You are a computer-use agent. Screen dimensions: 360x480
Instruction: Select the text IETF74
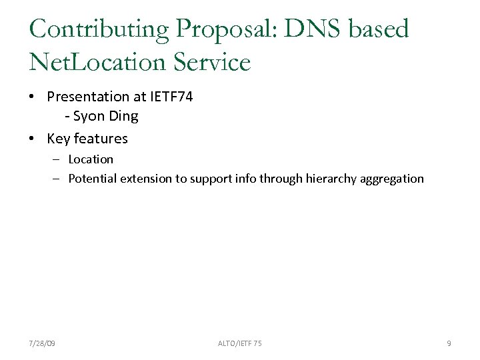point(171,97)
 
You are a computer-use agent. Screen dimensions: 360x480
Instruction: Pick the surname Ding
point(125,117)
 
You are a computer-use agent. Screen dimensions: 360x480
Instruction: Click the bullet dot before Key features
point(32,139)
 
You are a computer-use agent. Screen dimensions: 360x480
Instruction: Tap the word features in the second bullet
point(101,139)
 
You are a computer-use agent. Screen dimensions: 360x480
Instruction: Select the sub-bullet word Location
point(91,159)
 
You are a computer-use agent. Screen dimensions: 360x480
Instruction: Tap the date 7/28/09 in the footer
point(43,343)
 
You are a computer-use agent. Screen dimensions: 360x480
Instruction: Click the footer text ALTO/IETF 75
point(240,343)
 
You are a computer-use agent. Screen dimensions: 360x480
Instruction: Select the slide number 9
point(449,343)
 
